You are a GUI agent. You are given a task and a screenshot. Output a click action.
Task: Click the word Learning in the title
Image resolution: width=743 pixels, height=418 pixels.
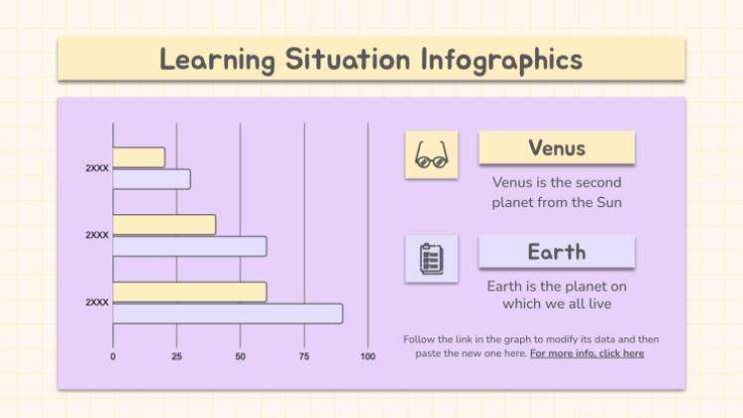coord(217,59)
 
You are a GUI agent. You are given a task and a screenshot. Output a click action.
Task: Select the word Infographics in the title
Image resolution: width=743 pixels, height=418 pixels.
coord(501,59)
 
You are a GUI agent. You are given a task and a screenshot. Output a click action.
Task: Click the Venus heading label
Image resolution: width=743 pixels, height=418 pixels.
coord(556,148)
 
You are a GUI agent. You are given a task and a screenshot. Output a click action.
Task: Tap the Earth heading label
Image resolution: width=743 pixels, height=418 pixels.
coord(556,252)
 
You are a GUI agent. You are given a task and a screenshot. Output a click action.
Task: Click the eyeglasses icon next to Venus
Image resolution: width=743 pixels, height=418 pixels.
coord(431,156)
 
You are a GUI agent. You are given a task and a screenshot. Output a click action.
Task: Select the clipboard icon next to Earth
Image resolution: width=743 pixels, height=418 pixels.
coord(431,259)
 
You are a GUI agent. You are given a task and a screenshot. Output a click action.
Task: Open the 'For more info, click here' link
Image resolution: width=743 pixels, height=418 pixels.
coord(586,353)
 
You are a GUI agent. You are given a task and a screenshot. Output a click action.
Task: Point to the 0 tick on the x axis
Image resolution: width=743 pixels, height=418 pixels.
coord(112,356)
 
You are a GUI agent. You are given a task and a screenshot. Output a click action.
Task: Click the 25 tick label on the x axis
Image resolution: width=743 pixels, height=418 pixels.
coord(176,356)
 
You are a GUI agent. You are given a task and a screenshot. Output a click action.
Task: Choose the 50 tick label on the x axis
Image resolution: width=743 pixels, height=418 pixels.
coord(240,356)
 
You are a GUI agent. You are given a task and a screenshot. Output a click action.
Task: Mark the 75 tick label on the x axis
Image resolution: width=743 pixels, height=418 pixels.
coord(303,356)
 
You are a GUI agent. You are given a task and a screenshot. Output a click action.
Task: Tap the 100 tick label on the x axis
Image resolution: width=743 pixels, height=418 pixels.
coord(367,356)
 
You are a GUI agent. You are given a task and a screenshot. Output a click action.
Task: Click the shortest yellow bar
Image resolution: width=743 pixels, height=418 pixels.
coord(138,157)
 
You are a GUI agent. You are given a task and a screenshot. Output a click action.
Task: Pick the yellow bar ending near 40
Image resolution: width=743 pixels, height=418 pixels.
coord(163,225)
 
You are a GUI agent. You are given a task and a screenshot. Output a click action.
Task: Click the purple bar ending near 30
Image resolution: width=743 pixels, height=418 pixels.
coord(150,179)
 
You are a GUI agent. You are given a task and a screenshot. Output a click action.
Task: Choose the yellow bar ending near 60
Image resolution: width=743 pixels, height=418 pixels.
coord(189,292)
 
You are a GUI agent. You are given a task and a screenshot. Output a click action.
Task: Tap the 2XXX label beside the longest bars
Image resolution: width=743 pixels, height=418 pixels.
coord(96,302)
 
